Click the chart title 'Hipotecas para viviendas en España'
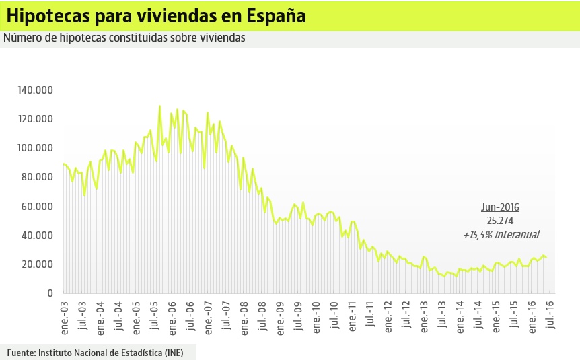[x=156, y=15]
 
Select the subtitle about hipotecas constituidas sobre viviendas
[x=124, y=38]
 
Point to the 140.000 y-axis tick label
[x=35, y=90]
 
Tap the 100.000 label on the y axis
[x=35, y=148]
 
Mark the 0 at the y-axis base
[x=50, y=293]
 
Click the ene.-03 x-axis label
[x=65, y=314]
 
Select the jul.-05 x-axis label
[x=155, y=314]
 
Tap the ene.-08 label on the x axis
[x=244, y=314]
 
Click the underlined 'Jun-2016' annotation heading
[x=500, y=207]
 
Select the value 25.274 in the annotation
[x=500, y=221]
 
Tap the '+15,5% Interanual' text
[x=501, y=235]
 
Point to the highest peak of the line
[x=159, y=106]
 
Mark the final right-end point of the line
[x=546, y=258]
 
